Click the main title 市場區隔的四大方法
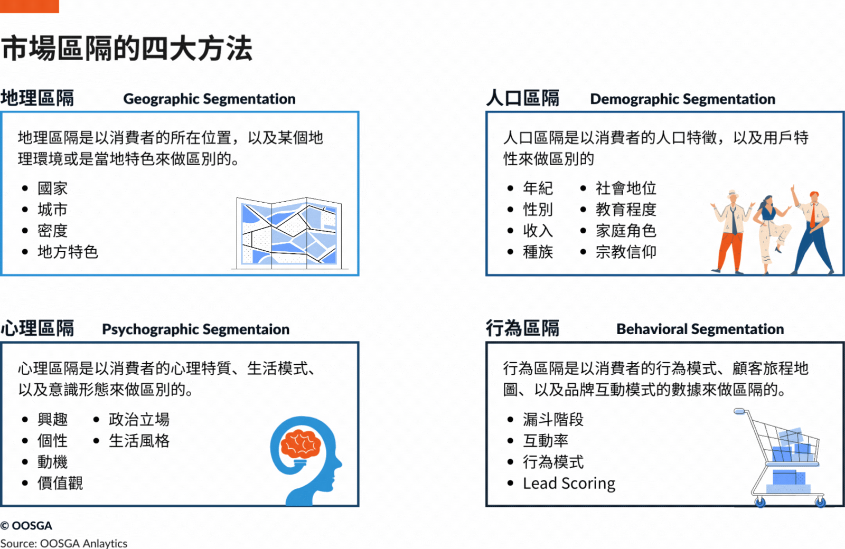127,49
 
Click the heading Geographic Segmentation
209,99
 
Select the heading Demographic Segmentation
682,99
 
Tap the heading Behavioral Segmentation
700,329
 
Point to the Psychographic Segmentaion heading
195,329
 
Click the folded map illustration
289,233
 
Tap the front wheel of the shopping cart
760,502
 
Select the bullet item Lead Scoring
569,483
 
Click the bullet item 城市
52,210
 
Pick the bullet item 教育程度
626,210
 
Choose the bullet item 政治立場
139,420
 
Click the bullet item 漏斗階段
553,420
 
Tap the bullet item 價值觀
60,483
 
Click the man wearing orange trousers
731,232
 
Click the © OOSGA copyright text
26,526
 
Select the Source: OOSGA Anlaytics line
63,543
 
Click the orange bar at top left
29,6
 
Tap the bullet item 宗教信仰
626,252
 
